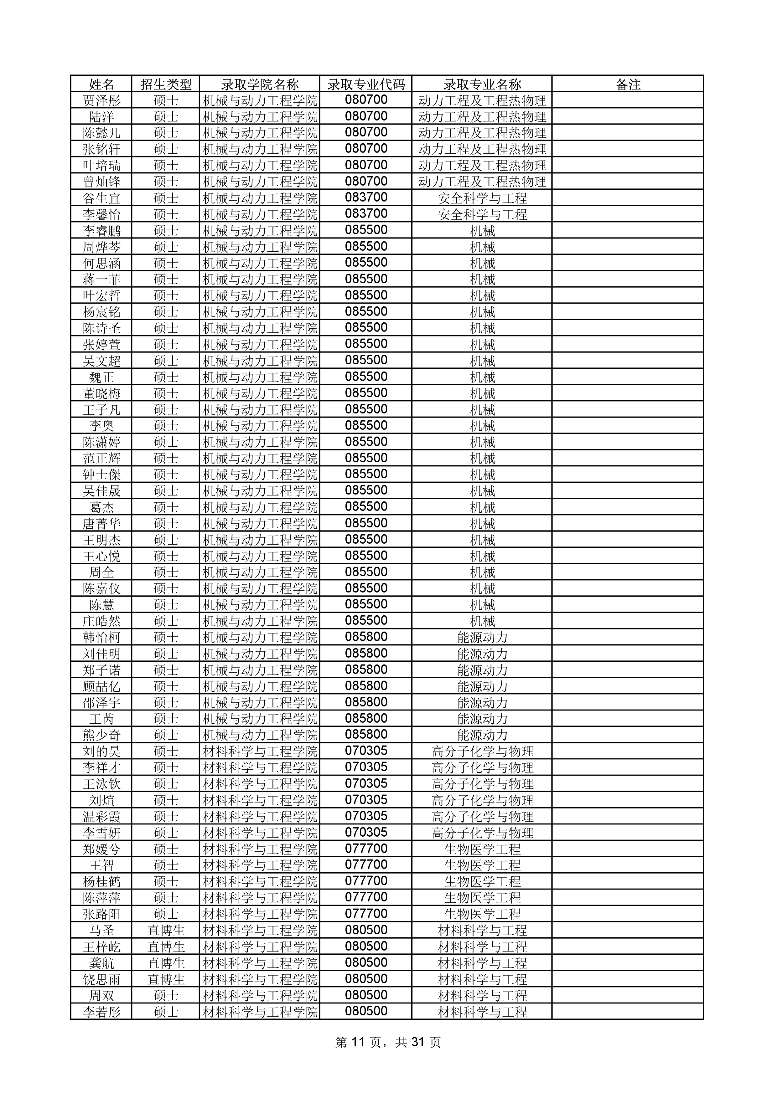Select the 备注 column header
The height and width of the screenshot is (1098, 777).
coord(627,84)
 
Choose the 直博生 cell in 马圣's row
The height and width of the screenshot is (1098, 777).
coord(166,930)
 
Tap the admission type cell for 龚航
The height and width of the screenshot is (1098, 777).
coord(166,963)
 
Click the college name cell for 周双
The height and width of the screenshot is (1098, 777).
coord(260,995)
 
